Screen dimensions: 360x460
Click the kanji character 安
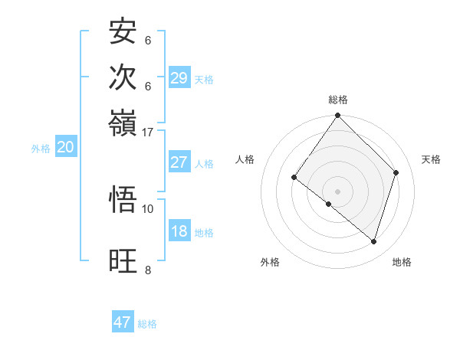[123, 32]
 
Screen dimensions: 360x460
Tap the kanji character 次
[123, 77]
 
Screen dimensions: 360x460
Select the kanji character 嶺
[123, 122]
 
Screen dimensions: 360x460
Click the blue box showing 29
[179, 78]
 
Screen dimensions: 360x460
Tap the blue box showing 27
[179, 162]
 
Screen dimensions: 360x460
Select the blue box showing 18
[179, 231]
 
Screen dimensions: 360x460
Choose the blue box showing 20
[64, 148]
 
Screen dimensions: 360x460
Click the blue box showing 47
[123, 322]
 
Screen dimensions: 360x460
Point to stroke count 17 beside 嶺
[148, 132]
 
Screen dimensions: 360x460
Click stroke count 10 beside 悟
[148, 208]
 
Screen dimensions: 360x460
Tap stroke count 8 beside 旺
[148, 269]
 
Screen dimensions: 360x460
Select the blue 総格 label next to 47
[148, 324]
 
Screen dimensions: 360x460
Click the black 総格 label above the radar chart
[338, 100]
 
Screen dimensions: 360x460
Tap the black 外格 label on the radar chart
[270, 262]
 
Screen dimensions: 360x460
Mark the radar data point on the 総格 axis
[338, 116]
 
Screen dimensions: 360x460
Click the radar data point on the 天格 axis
[396, 172]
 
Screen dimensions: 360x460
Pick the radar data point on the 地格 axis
[373, 242]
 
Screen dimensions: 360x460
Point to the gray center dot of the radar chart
[338, 191]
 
